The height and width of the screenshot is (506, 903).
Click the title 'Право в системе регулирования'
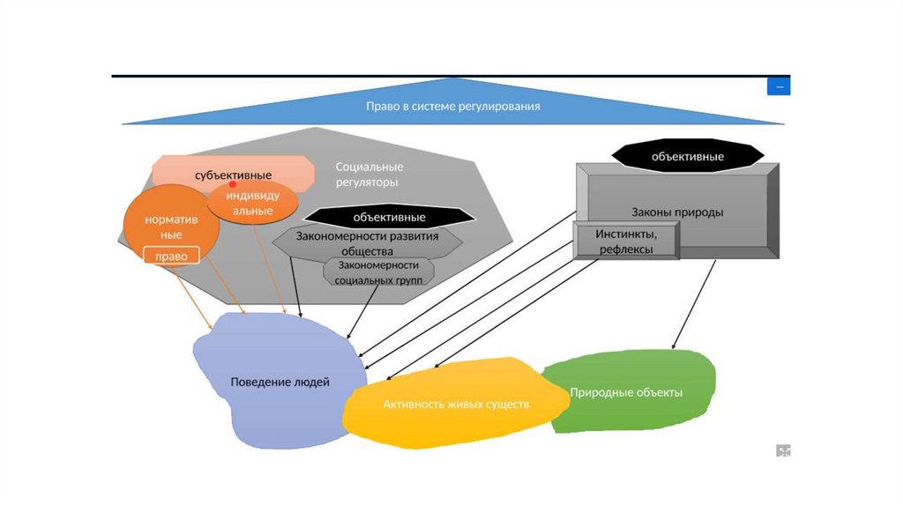tap(452, 107)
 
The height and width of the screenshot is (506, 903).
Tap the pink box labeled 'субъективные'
tap(233, 174)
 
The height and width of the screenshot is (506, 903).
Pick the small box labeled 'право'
tap(171, 257)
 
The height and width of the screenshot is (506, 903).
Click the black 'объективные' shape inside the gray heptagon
tap(389, 217)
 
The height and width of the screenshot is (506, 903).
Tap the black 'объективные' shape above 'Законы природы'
tap(687, 156)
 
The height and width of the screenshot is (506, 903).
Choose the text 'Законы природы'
tap(677, 212)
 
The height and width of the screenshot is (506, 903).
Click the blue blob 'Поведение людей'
tap(280, 383)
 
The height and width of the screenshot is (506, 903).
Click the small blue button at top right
tap(779, 86)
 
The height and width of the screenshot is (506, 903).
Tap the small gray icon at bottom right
tap(783, 450)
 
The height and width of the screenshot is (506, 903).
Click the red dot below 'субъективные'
tap(233, 185)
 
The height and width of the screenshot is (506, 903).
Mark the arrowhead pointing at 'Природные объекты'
tap(675, 346)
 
